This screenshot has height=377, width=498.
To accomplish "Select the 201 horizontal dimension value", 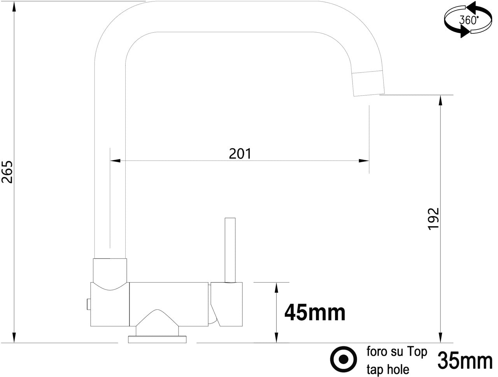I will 240,154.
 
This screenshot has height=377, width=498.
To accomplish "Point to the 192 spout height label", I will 433,219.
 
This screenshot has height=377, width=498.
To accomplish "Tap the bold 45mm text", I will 315,312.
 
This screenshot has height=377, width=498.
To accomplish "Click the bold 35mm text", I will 465,361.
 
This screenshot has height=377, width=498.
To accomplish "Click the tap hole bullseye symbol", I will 343,359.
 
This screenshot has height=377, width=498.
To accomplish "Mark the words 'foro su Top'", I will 396,352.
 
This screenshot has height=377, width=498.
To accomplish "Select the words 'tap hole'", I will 388,369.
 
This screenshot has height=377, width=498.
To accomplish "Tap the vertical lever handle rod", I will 230,249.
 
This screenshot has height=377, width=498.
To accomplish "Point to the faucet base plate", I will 158,339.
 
